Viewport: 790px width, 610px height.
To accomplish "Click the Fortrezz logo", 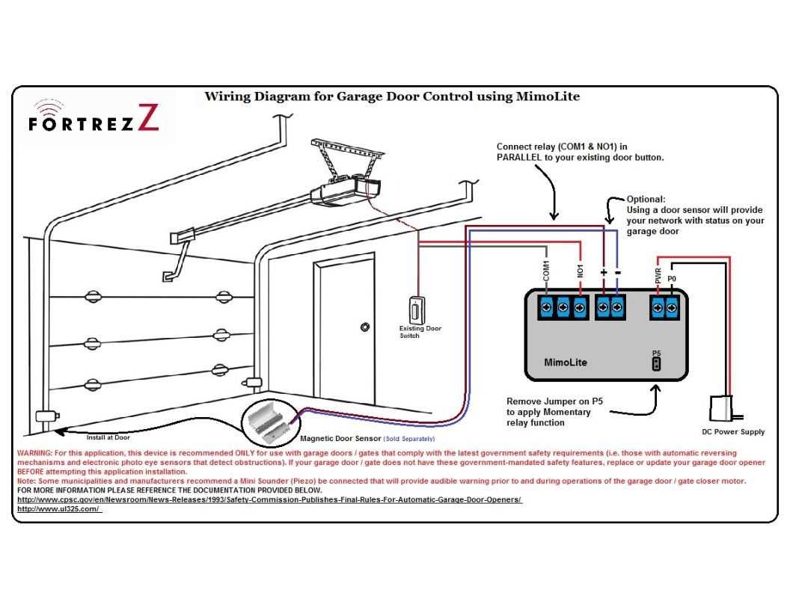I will tap(94, 119).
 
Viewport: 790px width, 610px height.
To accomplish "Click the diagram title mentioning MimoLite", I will tap(392, 96).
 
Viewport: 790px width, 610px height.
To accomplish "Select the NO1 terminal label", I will tap(581, 270).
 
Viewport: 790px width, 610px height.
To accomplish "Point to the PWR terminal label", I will tap(658, 276).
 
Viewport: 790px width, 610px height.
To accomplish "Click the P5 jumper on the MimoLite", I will tap(656, 363).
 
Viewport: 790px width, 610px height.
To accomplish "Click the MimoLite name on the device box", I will tap(565, 363).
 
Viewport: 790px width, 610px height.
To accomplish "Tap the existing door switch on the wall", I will tap(414, 309).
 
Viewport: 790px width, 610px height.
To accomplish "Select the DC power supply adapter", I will tap(723, 408).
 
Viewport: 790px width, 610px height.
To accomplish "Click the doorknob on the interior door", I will tap(364, 327).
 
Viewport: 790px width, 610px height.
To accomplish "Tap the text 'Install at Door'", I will tap(108, 437).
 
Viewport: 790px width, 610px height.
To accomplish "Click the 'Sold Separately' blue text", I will tap(408, 439).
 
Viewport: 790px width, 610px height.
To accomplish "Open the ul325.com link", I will tap(58, 508).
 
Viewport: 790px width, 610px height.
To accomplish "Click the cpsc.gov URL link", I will tap(269, 499).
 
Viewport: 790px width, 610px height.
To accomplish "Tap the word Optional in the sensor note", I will tap(646, 200).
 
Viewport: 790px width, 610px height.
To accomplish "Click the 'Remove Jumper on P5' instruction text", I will tap(554, 401).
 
